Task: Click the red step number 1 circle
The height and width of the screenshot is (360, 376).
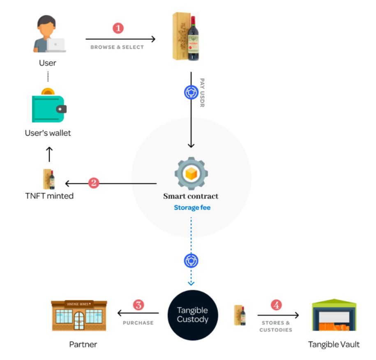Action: [x=118, y=28]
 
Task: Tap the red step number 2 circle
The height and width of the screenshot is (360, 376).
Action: [x=94, y=183]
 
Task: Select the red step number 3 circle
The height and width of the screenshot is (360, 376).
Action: [x=138, y=305]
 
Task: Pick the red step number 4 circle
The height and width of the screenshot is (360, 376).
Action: [x=276, y=305]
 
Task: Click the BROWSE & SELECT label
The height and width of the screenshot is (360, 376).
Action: [x=117, y=47]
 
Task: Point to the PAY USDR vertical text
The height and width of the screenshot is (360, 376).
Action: [x=202, y=93]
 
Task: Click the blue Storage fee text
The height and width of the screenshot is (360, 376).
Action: [x=192, y=208]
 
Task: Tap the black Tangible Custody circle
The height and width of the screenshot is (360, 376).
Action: [x=192, y=315]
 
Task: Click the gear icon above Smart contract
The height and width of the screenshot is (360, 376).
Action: [x=191, y=173]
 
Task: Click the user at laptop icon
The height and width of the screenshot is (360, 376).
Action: [x=48, y=35]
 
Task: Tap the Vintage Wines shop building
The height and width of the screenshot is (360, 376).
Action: [x=79, y=315]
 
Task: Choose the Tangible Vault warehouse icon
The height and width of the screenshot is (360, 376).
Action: [x=334, y=315]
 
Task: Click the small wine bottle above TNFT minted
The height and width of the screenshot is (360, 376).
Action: [x=49, y=179]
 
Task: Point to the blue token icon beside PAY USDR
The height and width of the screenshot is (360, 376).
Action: [x=191, y=93]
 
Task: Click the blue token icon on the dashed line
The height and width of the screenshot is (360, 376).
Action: [x=191, y=260]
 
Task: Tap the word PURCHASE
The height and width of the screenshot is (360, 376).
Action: [x=138, y=323]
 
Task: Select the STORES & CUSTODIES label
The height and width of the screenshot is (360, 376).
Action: [x=276, y=326]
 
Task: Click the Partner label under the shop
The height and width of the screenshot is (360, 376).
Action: [x=83, y=344]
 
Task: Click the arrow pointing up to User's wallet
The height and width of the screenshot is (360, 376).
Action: [x=49, y=154]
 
